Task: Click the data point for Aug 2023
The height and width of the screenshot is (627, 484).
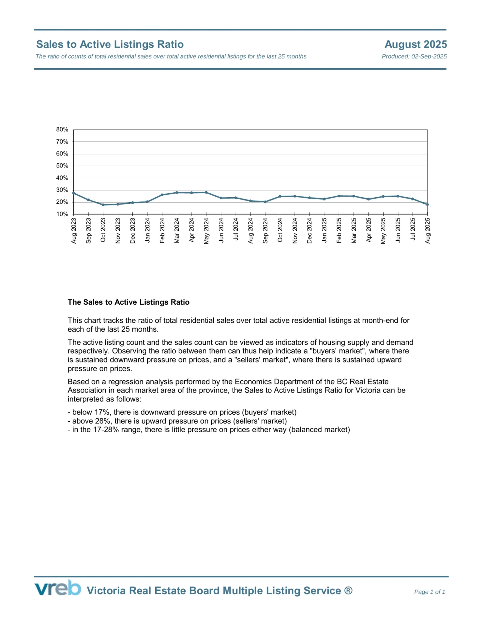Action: (74, 193)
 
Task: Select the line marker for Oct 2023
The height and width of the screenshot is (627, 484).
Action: (103, 205)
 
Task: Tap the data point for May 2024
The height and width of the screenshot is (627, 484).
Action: (206, 192)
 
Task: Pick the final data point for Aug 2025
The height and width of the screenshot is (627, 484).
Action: (427, 204)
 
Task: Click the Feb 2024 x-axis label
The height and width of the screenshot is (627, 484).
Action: (162, 231)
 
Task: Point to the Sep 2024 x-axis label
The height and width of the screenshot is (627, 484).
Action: (265, 231)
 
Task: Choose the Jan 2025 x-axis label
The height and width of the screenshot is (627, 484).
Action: (324, 231)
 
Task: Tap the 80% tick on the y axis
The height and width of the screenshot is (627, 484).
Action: (62, 130)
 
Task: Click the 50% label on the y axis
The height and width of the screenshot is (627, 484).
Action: (62, 166)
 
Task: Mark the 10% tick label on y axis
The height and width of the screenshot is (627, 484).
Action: (62, 214)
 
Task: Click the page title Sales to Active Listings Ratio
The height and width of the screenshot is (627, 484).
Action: (110, 44)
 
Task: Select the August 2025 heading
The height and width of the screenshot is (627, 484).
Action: (416, 44)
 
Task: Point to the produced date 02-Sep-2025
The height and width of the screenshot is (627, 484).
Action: (429, 56)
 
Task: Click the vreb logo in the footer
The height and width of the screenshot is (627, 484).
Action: (58, 588)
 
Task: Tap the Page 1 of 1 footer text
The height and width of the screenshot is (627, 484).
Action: (430, 592)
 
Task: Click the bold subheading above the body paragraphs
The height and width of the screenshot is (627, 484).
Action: (129, 302)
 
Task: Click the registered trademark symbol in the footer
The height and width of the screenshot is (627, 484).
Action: (348, 590)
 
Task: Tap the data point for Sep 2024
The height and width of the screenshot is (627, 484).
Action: (265, 202)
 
